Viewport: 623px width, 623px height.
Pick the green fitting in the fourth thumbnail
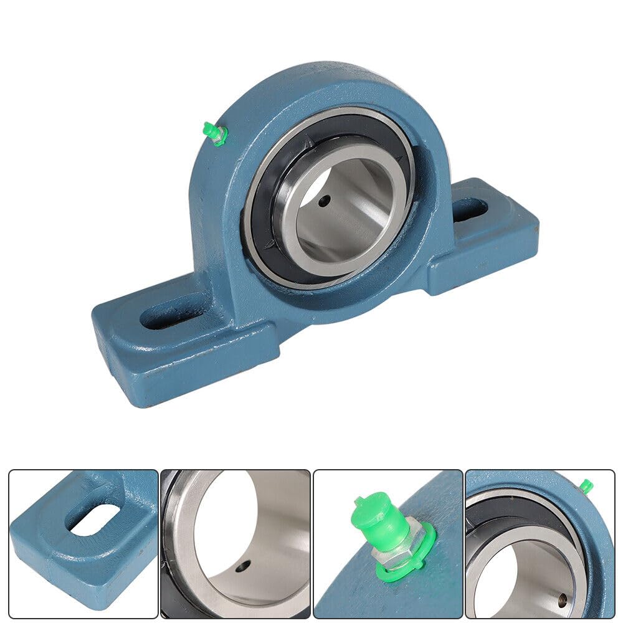[585, 485]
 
